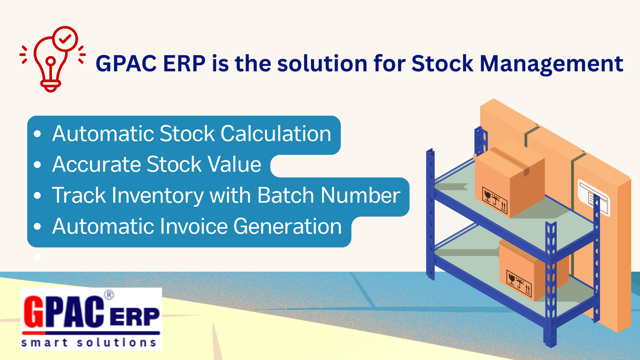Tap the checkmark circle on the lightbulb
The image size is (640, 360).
click(65, 39)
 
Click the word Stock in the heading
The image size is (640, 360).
click(442, 63)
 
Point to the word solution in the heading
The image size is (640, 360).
click(322, 63)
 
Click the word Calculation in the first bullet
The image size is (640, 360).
click(276, 134)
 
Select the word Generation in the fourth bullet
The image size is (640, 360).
click(288, 226)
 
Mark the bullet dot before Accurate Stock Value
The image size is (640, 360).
click(37, 165)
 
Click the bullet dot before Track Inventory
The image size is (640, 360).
click(37, 196)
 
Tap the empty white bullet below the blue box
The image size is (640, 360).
click(37, 257)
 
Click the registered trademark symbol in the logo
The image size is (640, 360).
click(109, 295)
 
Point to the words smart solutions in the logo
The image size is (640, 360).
click(89, 343)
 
